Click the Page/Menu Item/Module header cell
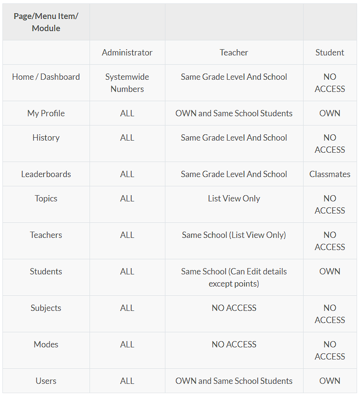coord(46,22)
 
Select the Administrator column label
coord(127,53)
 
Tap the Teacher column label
coord(234,53)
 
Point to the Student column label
coord(329,53)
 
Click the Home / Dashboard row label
coord(46,77)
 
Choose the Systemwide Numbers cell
coord(127,83)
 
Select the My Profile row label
coord(46,113)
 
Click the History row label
coord(46,138)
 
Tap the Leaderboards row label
coord(46,174)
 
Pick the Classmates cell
coord(329,174)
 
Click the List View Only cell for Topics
coord(234,199)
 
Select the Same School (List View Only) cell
coord(234,235)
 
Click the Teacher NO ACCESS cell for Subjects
coord(234,308)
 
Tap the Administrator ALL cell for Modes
coord(127,344)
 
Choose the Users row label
coord(46,381)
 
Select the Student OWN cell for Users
coord(329,381)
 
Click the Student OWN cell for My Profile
coord(329,113)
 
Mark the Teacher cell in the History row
coord(234,138)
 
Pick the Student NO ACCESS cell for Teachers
coord(329,241)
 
